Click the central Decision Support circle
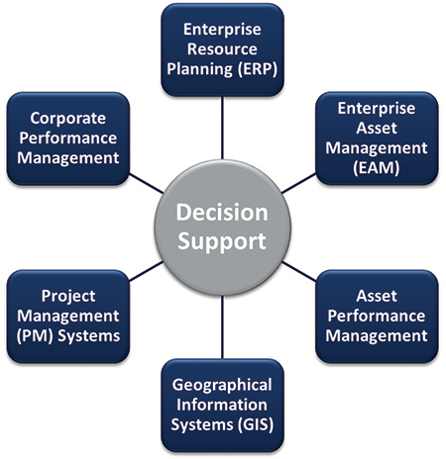pyautogui.click(x=222, y=228)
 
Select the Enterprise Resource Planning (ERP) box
pyautogui.click(x=222, y=49)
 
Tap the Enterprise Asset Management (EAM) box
pyautogui.click(x=377, y=138)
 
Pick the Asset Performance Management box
pyautogui.click(x=377, y=317)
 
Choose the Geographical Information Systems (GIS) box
pyautogui.click(x=222, y=406)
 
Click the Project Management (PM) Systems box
pyautogui.click(x=68, y=317)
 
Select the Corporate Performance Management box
pyautogui.click(x=68, y=138)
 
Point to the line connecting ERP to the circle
pyautogui.click(x=222, y=128)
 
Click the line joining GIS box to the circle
pyautogui.click(x=222, y=326)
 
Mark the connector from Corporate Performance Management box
pyautogui.click(x=146, y=183)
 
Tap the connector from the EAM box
pyautogui.click(x=298, y=183)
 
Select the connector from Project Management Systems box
pyautogui.click(x=146, y=271)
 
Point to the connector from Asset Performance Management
pyautogui.click(x=298, y=271)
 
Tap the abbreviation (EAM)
pyautogui.click(x=377, y=167)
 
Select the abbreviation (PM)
pyautogui.click(x=35, y=335)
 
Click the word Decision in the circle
pyautogui.click(x=222, y=213)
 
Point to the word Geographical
pyautogui.click(x=222, y=386)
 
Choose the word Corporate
pyautogui.click(x=68, y=119)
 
